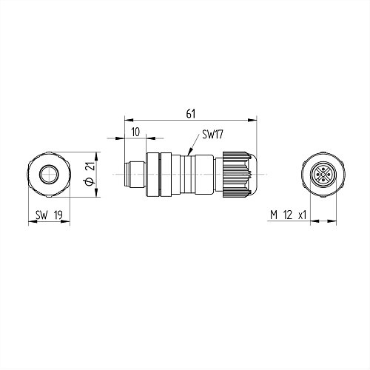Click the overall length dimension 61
(x=191, y=114)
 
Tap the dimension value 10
(x=135, y=132)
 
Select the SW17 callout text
(x=212, y=135)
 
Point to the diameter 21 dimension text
(x=91, y=166)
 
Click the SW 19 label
(x=49, y=215)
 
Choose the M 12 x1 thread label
(x=288, y=215)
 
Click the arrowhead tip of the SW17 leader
(x=189, y=155)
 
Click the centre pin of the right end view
(x=323, y=175)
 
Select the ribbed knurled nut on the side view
(x=235, y=175)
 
